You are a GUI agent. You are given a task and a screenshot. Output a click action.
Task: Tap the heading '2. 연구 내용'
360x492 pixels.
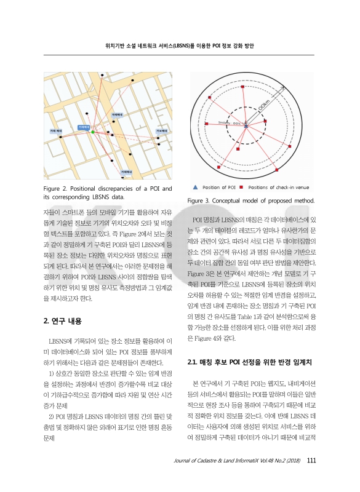point(66,321)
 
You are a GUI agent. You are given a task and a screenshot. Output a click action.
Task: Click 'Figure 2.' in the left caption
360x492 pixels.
point(57,187)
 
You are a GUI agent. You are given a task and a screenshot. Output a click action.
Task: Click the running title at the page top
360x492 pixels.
point(180,46)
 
